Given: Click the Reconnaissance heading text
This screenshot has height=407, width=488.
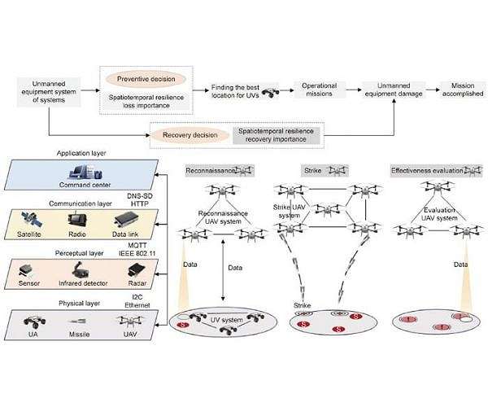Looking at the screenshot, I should (x=207, y=171).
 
